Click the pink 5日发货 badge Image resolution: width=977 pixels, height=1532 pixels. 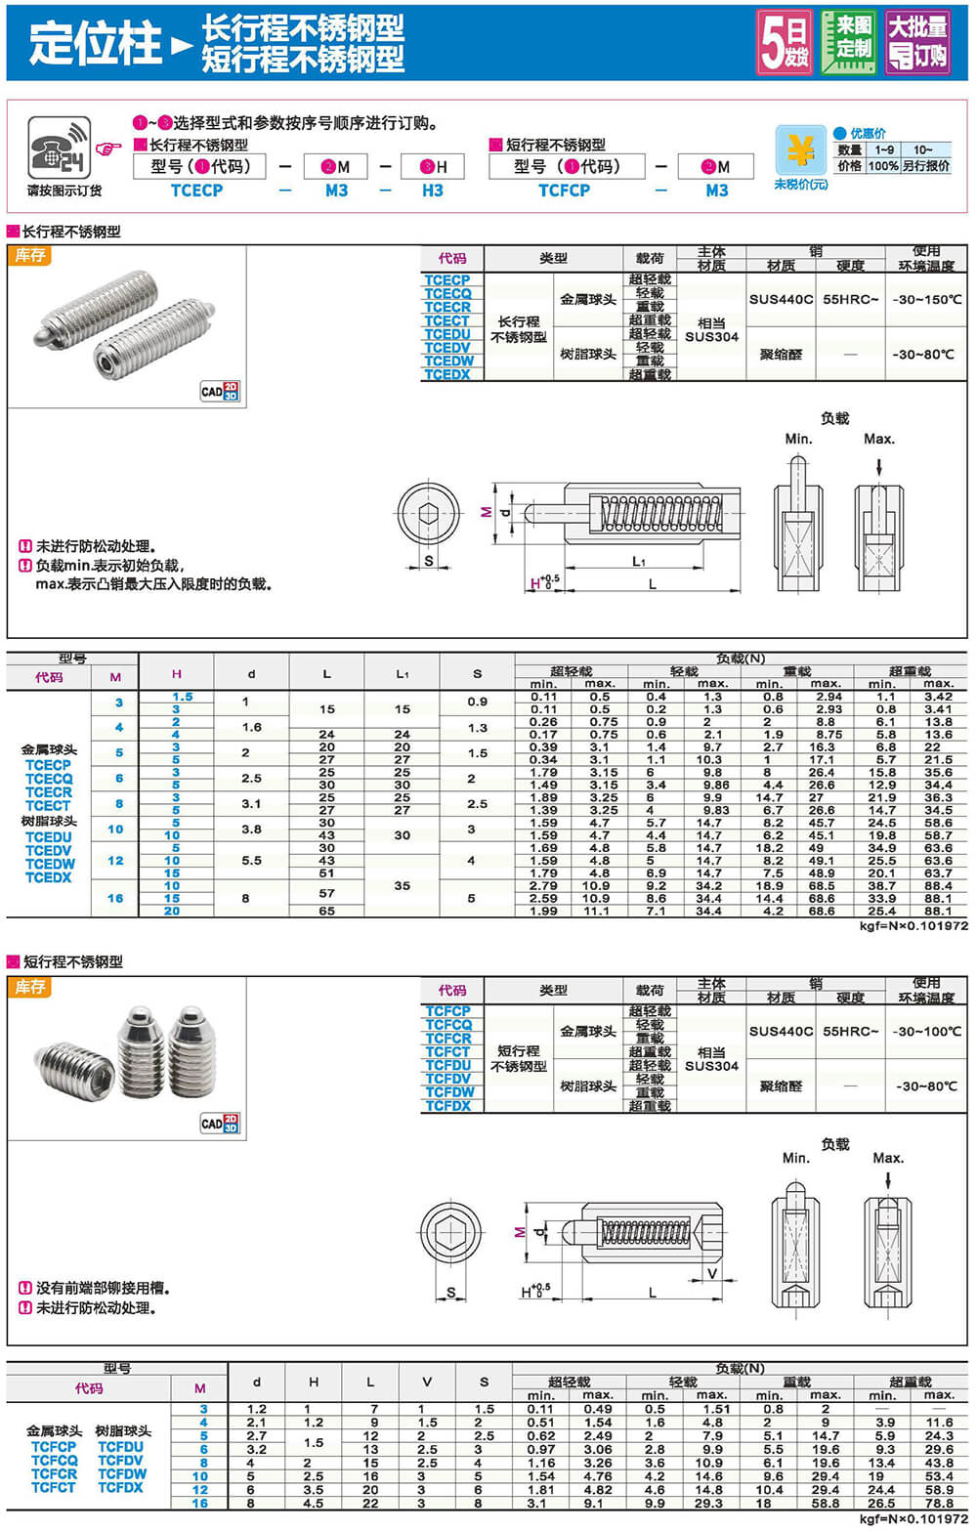pos(785,42)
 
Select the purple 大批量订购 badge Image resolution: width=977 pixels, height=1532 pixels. pos(916,42)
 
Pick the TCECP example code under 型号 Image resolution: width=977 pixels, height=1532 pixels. pos(196,191)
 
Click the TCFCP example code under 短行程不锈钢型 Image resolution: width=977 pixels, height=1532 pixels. pos(564,191)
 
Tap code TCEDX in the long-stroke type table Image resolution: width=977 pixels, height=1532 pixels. pos(447,374)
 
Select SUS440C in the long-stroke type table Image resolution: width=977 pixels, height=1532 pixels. pos(781,299)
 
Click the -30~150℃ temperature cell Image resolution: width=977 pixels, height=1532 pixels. pos(926,299)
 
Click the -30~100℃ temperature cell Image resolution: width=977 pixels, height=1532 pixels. pos(926,1031)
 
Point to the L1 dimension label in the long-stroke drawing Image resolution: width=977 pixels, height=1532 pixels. pos(639,561)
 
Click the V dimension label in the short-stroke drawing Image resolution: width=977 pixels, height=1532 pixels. pos(711,1273)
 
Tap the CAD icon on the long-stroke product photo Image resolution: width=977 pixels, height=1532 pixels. pos(220,392)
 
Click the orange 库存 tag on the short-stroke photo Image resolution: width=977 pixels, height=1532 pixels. pos(30,987)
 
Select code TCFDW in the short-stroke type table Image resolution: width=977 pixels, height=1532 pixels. pos(449,1092)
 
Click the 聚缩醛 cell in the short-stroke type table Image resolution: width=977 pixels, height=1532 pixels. pos(781,1085)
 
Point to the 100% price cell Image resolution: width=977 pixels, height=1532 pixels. pos(883,166)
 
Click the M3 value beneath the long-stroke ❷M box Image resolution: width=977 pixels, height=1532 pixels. pos(336,191)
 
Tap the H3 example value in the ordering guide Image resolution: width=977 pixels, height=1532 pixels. pos(433,191)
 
